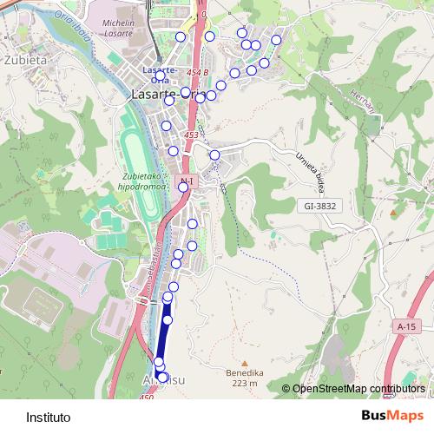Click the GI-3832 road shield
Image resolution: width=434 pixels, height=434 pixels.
(x=319, y=206)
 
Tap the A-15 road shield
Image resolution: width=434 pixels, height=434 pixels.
(x=405, y=326)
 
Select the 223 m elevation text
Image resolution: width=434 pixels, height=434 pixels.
(x=246, y=383)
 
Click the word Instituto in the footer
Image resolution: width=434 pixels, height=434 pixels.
(x=49, y=417)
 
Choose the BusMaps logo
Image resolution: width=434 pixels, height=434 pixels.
(x=386, y=416)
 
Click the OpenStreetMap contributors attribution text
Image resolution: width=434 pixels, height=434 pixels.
(x=358, y=390)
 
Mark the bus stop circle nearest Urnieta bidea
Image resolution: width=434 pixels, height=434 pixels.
(x=215, y=155)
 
